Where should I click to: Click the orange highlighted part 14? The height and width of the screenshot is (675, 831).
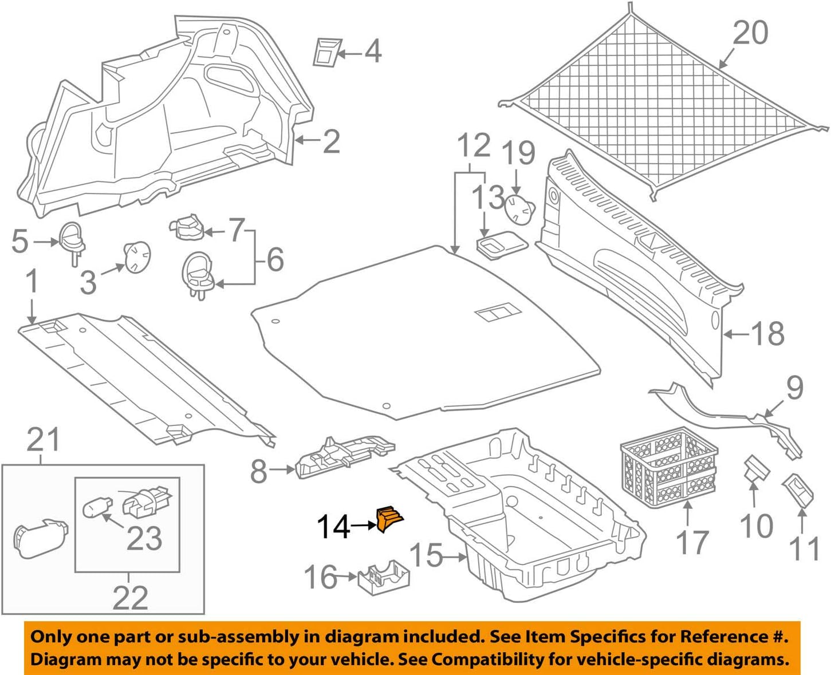click(x=389, y=519)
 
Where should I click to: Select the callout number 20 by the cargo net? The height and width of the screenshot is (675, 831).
click(x=750, y=33)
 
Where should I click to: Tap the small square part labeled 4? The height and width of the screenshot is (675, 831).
click(x=327, y=52)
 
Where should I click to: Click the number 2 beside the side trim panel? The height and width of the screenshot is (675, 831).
click(x=331, y=141)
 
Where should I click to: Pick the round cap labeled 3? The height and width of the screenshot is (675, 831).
click(x=137, y=257)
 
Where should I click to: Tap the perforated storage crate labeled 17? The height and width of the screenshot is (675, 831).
click(x=668, y=466)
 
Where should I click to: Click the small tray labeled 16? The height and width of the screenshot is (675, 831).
click(x=383, y=576)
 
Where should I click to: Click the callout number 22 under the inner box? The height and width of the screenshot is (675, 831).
click(x=130, y=598)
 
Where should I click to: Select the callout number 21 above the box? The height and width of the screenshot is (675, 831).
click(x=44, y=440)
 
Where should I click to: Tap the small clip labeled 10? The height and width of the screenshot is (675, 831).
click(x=755, y=469)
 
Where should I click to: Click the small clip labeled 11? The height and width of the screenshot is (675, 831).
click(x=798, y=488)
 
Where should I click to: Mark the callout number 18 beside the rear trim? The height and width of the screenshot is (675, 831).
click(x=767, y=333)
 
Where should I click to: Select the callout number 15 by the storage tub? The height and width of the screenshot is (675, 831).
click(x=426, y=555)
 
